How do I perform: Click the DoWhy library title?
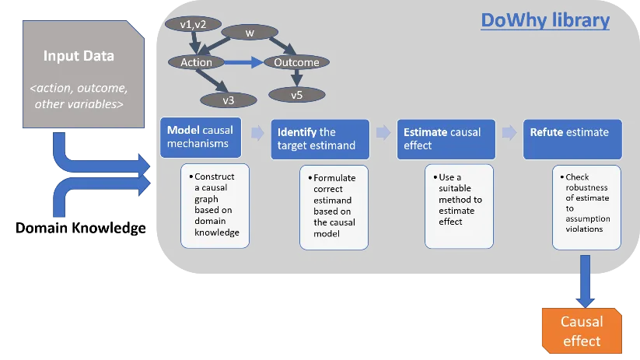544,20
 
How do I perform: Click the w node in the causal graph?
250,33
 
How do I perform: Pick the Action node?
196,62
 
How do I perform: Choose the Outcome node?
296,62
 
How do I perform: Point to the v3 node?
228,99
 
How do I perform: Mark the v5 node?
296,95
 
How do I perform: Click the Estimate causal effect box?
446,138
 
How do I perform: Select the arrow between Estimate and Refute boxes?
509,133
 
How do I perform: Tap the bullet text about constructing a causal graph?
215,204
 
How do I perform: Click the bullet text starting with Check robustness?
587,204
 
